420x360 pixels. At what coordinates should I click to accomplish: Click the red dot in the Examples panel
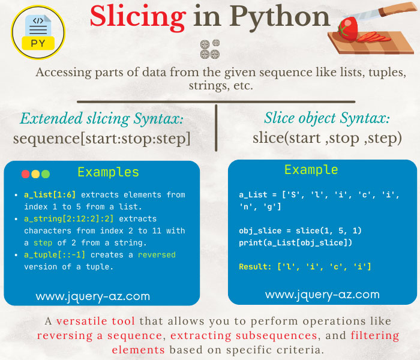(x=25, y=174)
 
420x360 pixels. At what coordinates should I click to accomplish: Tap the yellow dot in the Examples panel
(x=35, y=174)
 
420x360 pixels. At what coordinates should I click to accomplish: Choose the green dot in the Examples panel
(x=46, y=174)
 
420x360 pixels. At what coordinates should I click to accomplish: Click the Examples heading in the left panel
(x=108, y=173)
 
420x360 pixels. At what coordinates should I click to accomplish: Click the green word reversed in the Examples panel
(x=157, y=255)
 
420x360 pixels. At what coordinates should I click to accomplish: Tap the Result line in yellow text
(x=305, y=266)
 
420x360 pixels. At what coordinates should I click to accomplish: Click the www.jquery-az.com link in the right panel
(x=322, y=295)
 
